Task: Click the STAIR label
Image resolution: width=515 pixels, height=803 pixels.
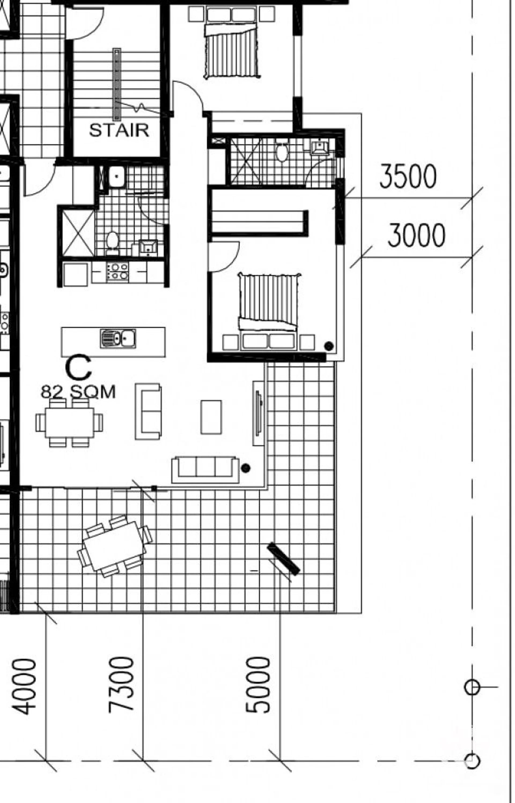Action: pos(119,130)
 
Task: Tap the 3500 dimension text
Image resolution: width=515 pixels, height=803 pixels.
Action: pos(408,176)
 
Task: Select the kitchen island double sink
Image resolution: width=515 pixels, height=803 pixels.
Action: pos(118,338)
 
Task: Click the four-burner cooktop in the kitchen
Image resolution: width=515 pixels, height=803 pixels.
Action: pos(117,271)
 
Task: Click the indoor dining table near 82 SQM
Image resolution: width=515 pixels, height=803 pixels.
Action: pos(69,422)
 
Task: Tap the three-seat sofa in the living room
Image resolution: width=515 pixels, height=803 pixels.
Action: pos(205,470)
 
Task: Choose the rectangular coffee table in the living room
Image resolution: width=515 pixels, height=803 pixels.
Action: pos(211,417)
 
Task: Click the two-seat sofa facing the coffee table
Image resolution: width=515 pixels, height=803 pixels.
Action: pos(148,411)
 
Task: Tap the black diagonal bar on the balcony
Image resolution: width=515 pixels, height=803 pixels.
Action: pos(283,559)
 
